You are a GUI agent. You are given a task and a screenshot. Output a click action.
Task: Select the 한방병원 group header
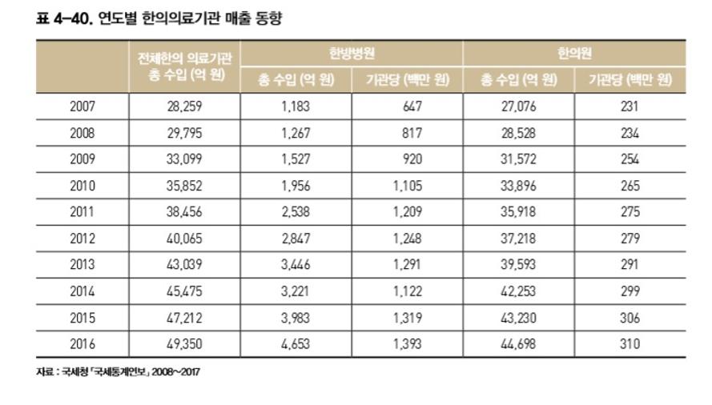coord(351,53)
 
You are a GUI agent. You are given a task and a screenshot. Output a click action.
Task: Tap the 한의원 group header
coord(574,53)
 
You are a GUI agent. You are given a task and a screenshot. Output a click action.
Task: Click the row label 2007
coord(82,106)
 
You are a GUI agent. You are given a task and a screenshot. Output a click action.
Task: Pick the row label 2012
coord(82,239)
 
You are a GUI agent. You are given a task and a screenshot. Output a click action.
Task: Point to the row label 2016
coord(82,344)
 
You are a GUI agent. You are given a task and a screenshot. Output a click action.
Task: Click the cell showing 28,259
coord(183,106)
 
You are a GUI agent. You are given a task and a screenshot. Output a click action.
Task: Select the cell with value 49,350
coord(183,344)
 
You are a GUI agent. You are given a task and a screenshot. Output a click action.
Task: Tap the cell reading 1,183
coord(296,106)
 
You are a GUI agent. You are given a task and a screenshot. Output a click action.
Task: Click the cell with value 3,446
coord(296,265)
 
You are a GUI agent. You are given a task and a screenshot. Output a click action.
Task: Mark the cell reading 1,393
coord(407,344)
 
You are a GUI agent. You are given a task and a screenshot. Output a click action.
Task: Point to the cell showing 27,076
coord(518,106)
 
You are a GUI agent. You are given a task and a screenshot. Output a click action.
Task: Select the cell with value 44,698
coord(518,344)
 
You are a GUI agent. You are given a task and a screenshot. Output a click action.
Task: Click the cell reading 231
coord(630,106)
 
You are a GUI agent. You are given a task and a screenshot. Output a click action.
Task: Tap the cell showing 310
coord(630,344)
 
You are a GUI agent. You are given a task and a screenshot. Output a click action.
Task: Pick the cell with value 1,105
coord(407,186)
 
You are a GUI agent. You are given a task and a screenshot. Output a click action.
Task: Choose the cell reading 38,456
coord(183,212)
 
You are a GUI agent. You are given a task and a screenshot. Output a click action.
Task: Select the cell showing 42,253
coord(518,291)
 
